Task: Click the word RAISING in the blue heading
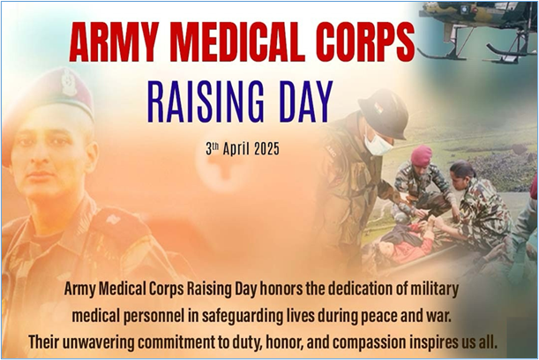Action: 206,101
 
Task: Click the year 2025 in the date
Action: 266,149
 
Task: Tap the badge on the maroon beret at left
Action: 69,82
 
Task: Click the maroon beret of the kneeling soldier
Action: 421,154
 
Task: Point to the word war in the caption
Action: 439,317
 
